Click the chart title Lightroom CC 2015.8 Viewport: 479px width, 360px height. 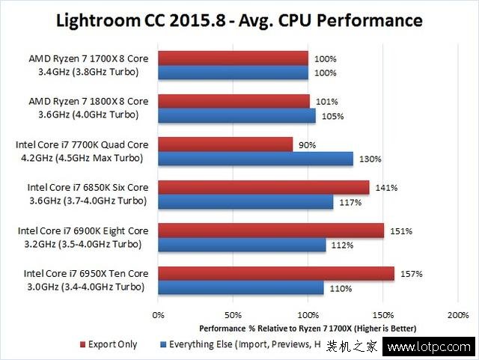(x=239, y=19)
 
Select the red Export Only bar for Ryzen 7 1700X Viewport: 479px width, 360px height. (x=233, y=58)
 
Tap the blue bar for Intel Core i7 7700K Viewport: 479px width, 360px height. (x=255, y=159)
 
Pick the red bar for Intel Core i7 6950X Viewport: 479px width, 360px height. (x=276, y=273)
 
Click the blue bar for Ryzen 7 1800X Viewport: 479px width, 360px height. (x=237, y=115)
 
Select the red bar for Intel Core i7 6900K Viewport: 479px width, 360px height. (x=271, y=231)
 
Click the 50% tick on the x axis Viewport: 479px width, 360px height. (x=233, y=315)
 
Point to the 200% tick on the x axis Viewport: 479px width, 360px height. (x=457, y=315)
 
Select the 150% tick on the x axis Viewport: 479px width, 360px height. (x=382, y=315)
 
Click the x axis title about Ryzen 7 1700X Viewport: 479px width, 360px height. (x=308, y=329)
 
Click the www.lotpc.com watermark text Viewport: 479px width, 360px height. (x=434, y=347)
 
